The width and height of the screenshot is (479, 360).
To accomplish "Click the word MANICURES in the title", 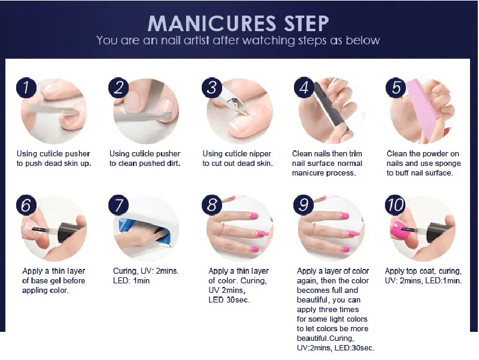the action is point(212,23).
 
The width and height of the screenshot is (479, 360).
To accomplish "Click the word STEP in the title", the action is point(306,23).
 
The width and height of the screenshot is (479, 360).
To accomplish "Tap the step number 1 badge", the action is point(26,87).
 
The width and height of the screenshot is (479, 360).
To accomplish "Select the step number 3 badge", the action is point(212,87).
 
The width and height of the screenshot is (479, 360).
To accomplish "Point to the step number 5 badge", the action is point(396,87).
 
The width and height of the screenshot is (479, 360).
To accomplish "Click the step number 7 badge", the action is point(119,205).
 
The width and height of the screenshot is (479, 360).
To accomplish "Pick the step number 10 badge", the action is point(395,205).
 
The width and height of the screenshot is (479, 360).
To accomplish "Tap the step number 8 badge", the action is point(212,205).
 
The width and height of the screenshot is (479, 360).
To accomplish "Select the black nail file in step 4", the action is point(332,108).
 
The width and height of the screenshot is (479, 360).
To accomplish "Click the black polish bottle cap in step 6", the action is point(68,233).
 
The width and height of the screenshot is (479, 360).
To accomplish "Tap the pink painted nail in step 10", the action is point(398,232).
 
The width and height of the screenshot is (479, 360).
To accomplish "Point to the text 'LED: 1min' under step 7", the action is point(131,280).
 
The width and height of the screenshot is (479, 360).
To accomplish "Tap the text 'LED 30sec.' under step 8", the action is point(229,300).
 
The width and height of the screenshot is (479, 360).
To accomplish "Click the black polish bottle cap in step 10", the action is point(438,233).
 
